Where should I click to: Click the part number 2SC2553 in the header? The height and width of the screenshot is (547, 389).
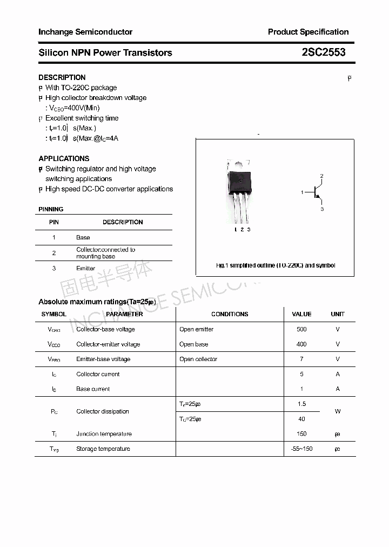[323, 52]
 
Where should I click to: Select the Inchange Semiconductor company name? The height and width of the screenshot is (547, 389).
[85, 32]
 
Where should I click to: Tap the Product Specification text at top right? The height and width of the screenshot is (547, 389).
[308, 32]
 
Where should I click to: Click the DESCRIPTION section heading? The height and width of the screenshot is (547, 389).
[62, 77]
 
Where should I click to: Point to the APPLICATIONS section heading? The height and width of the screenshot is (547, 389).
[64, 158]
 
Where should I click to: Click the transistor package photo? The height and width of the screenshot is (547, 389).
[240, 192]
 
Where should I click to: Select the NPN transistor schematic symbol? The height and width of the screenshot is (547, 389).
[316, 192]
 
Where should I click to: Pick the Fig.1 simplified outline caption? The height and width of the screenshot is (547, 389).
[275, 265]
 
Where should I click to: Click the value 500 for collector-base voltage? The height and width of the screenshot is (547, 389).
[301, 329]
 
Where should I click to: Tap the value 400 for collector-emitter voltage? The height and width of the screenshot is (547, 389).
[301, 344]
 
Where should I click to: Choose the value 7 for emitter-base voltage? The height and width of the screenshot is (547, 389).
[301, 359]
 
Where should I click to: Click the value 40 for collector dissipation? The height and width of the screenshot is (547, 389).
[301, 419]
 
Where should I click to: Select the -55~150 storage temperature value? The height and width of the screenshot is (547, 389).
[301, 449]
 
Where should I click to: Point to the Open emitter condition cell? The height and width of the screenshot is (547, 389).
[196, 329]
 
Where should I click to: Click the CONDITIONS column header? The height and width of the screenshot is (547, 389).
[230, 314]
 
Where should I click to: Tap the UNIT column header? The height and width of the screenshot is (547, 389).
[338, 314]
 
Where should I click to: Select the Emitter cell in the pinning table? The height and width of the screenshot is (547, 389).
[85, 268]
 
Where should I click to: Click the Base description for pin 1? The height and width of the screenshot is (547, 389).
[83, 237]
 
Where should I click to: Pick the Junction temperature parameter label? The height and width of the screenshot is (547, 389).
[104, 433]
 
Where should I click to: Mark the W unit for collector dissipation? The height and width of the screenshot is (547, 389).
[338, 411]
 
